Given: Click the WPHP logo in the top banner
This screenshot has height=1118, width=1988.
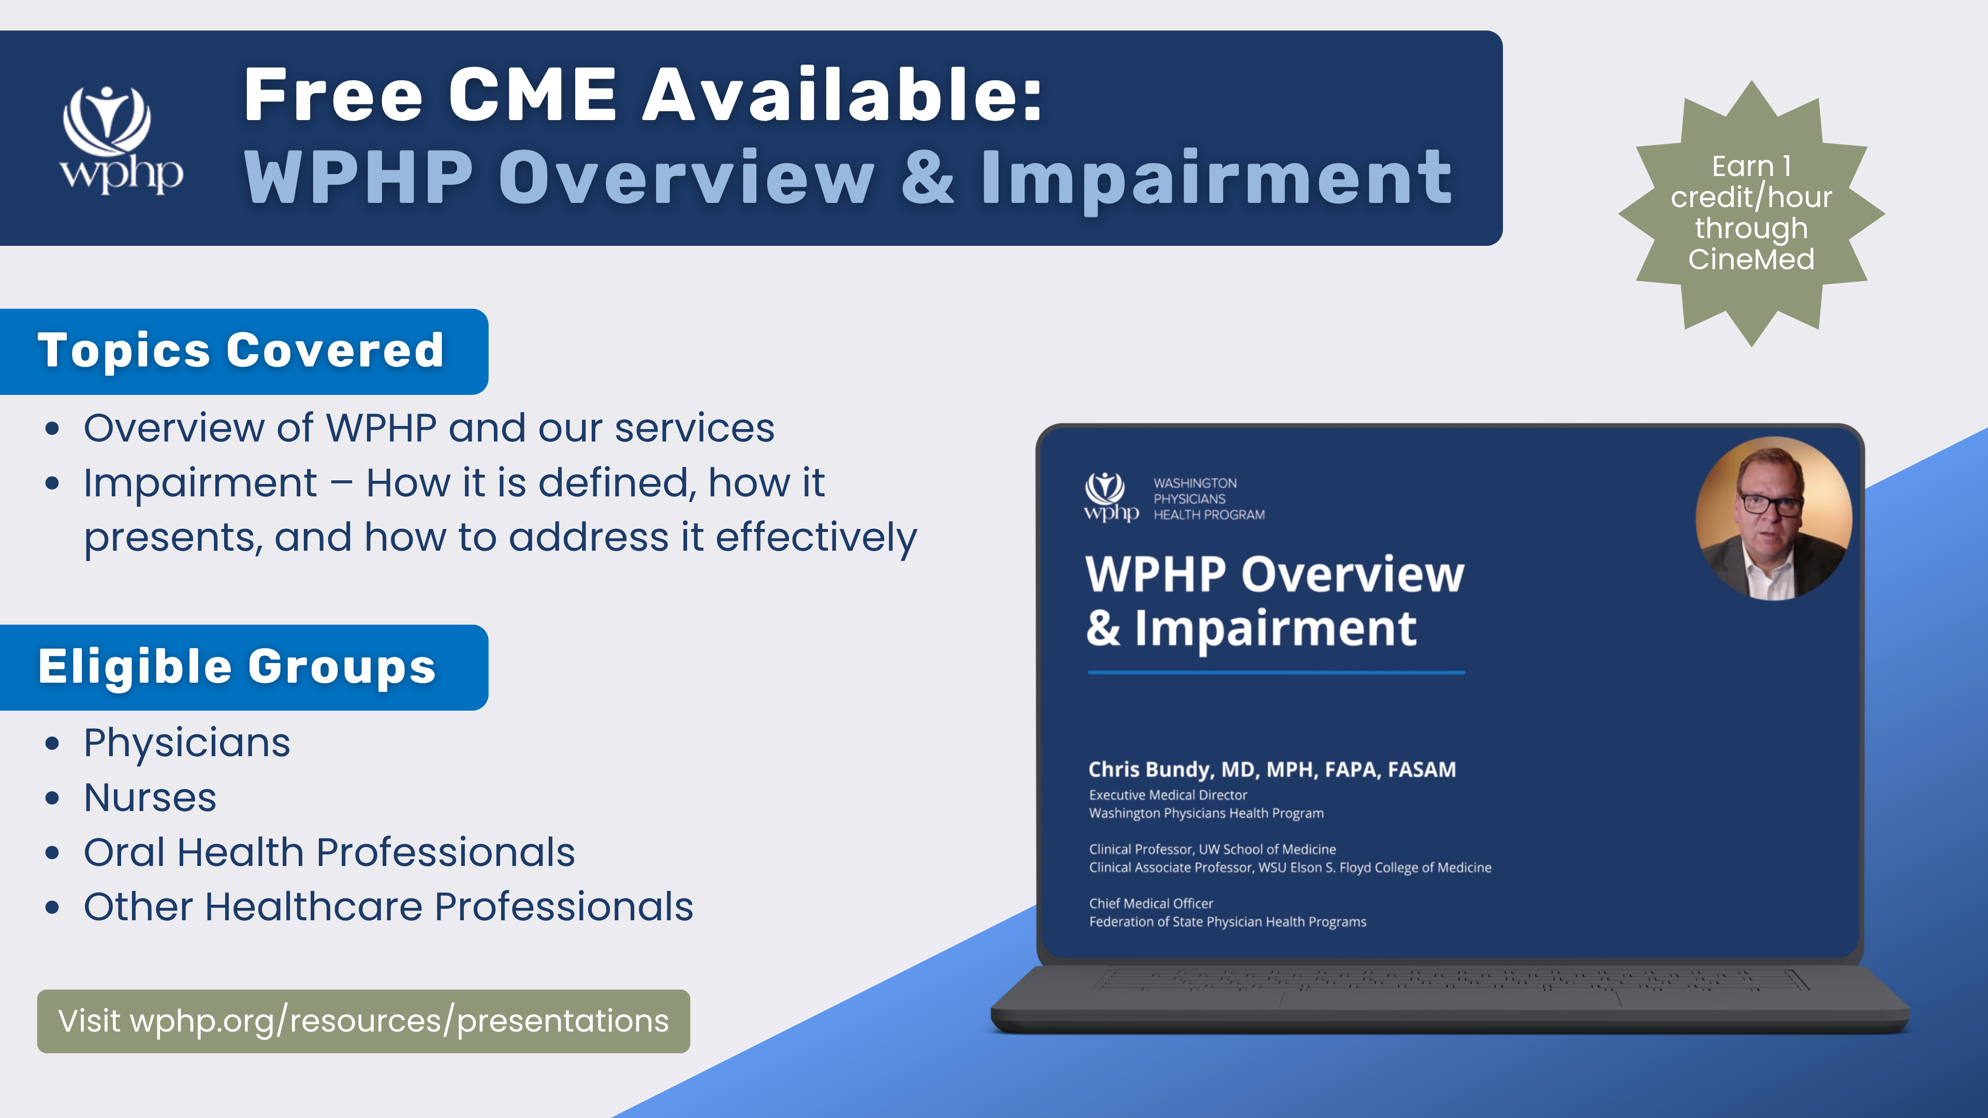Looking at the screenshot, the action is point(121,139).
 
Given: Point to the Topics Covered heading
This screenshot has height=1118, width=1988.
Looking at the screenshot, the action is point(241,350).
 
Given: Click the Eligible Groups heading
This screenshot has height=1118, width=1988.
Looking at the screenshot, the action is point(238,667).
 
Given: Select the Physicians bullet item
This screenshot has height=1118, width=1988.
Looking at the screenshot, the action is point(187,743).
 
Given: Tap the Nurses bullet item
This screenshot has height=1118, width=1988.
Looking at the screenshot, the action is point(150,797).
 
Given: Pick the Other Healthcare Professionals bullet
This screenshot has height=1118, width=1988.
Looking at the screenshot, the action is point(388,907).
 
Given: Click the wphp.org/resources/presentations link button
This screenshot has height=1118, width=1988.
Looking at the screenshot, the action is point(363,1021).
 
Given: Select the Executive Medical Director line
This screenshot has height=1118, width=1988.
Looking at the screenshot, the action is point(1167,795).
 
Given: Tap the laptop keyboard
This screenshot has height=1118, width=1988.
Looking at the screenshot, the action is point(1451,981).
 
